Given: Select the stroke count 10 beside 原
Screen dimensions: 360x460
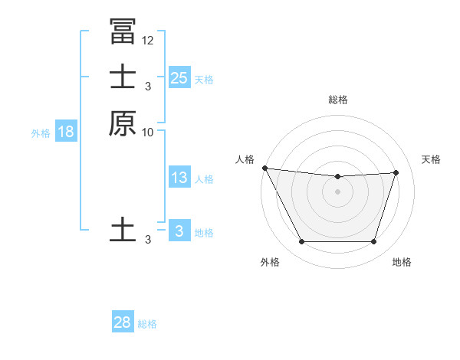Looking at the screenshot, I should (148, 133).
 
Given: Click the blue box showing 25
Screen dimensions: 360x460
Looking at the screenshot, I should (179, 77).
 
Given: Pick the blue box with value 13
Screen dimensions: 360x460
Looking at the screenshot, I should (179, 178).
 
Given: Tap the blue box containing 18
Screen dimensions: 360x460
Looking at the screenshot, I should (66, 132).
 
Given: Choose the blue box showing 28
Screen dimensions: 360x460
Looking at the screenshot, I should (123, 322).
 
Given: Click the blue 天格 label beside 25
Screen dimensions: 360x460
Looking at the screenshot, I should (204, 79).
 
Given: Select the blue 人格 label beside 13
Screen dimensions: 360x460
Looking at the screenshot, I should (204, 179).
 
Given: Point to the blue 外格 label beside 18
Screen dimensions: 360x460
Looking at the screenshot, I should (41, 133).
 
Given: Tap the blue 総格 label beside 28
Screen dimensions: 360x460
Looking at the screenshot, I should (147, 324).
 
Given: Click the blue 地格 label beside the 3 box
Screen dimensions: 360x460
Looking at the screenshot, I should (204, 233).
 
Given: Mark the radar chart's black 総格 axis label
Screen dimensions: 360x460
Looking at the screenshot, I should (337, 100).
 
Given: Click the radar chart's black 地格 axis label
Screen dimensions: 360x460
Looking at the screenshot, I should (402, 262).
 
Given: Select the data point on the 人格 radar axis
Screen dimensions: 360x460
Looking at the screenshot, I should (264, 168).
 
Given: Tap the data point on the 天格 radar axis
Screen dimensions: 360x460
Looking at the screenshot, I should (396, 172).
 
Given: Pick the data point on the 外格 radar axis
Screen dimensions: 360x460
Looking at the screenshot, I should (301, 242).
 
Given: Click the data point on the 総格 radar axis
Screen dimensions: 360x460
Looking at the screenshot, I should (337, 177).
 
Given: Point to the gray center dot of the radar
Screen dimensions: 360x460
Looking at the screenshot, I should (337, 191).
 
